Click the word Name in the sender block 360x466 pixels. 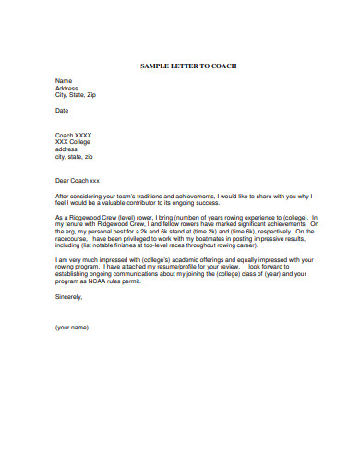pyautogui.click(x=63, y=81)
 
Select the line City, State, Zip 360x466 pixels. pyautogui.click(x=76, y=95)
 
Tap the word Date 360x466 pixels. pyautogui.click(x=62, y=110)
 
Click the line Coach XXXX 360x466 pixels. pyautogui.click(x=73, y=135)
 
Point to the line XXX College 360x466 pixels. pyautogui.click(x=74, y=142)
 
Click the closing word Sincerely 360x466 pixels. pyautogui.click(x=69, y=296)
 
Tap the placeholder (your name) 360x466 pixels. pyautogui.click(x=72, y=328)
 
